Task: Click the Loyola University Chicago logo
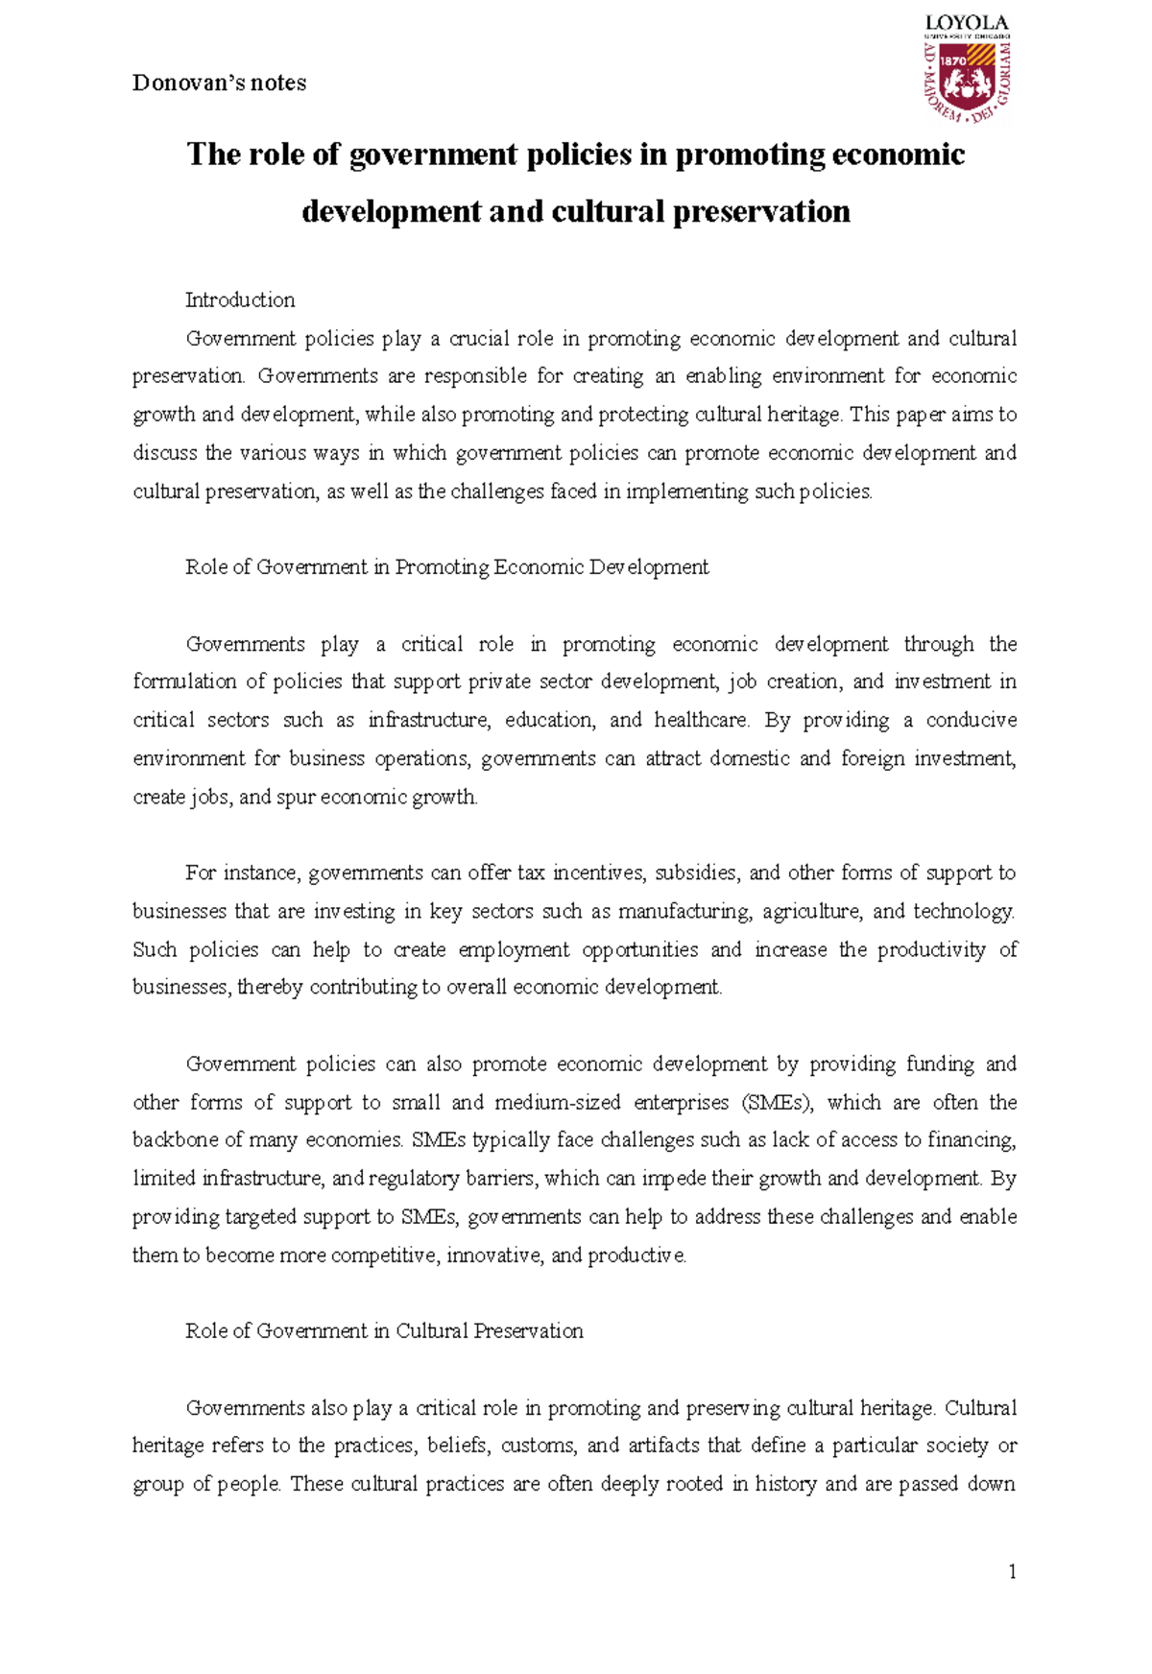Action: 967,68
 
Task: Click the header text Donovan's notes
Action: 219,84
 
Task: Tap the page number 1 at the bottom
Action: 1012,1571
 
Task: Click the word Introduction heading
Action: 240,299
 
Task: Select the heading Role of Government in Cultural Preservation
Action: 384,1330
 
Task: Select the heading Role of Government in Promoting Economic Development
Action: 446,567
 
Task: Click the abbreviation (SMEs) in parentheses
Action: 777,1102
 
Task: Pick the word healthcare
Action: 703,720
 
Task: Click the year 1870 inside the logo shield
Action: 953,60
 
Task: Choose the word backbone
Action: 175,1140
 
